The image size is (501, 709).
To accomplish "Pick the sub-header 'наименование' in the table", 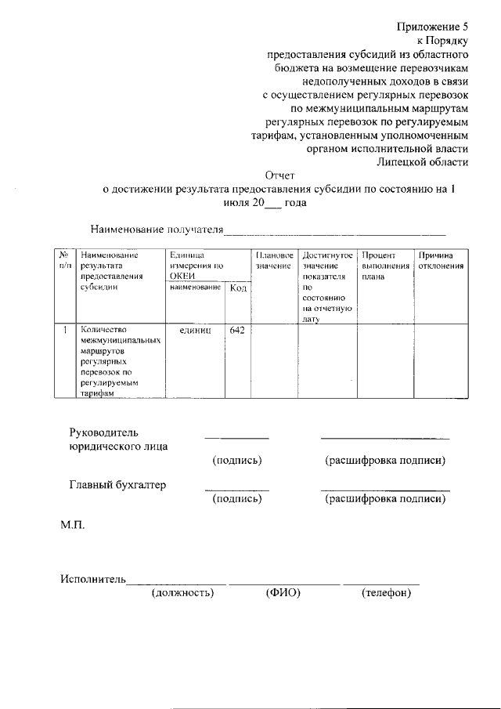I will click(x=194, y=289).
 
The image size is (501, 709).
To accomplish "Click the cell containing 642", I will click(x=237, y=331).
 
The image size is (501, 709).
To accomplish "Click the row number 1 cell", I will click(x=63, y=331).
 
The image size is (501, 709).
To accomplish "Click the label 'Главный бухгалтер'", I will click(x=118, y=485).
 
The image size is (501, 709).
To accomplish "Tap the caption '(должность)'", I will click(x=182, y=593).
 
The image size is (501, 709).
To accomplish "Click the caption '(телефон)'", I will click(x=386, y=593).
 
